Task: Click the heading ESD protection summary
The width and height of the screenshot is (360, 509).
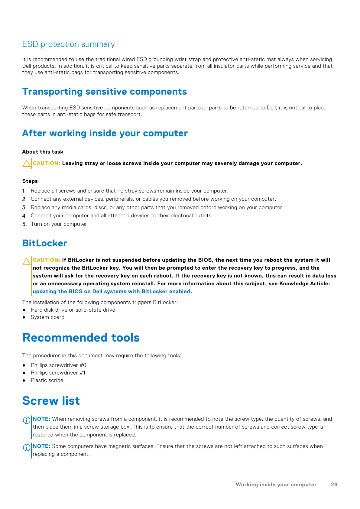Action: point(69,44)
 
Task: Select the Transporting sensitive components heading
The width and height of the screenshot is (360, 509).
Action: point(105,92)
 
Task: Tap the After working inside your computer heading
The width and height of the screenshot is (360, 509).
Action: point(105,133)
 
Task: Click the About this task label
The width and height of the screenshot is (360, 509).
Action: point(43,152)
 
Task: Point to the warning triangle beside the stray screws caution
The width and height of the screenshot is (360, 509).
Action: point(27,164)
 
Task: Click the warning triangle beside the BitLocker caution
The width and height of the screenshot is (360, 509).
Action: point(27,261)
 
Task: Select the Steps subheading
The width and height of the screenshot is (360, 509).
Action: point(30,181)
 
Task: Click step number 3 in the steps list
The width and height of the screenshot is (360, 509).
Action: point(24,208)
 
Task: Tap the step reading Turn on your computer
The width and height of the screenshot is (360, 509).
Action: point(60,224)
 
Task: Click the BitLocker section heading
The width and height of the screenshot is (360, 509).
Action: point(45,243)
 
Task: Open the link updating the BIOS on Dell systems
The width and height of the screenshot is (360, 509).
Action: point(111,291)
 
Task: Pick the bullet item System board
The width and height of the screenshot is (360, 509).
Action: point(47,317)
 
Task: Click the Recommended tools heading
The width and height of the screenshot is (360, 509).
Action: point(81,338)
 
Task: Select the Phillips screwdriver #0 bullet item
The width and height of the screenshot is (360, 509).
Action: point(58,365)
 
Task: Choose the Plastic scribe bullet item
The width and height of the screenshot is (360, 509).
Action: point(47,380)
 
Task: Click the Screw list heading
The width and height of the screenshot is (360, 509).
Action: point(51,401)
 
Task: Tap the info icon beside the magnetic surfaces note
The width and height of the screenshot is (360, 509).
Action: point(27,447)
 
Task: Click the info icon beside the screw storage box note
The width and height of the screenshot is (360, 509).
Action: point(27,420)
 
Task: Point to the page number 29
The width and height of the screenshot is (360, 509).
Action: point(334,485)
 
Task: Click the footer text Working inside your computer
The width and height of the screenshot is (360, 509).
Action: point(276,485)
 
